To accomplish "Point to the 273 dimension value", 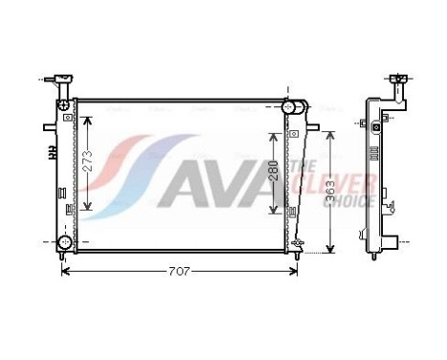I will [x=85, y=164].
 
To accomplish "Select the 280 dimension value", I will [x=275, y=171].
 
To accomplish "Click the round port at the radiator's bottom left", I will [x=63, y=241].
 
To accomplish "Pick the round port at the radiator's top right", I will [x=289, y=111].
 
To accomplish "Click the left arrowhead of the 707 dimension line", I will [x=65, y=272].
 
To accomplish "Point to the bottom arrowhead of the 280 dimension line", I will [x=276, y=212].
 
